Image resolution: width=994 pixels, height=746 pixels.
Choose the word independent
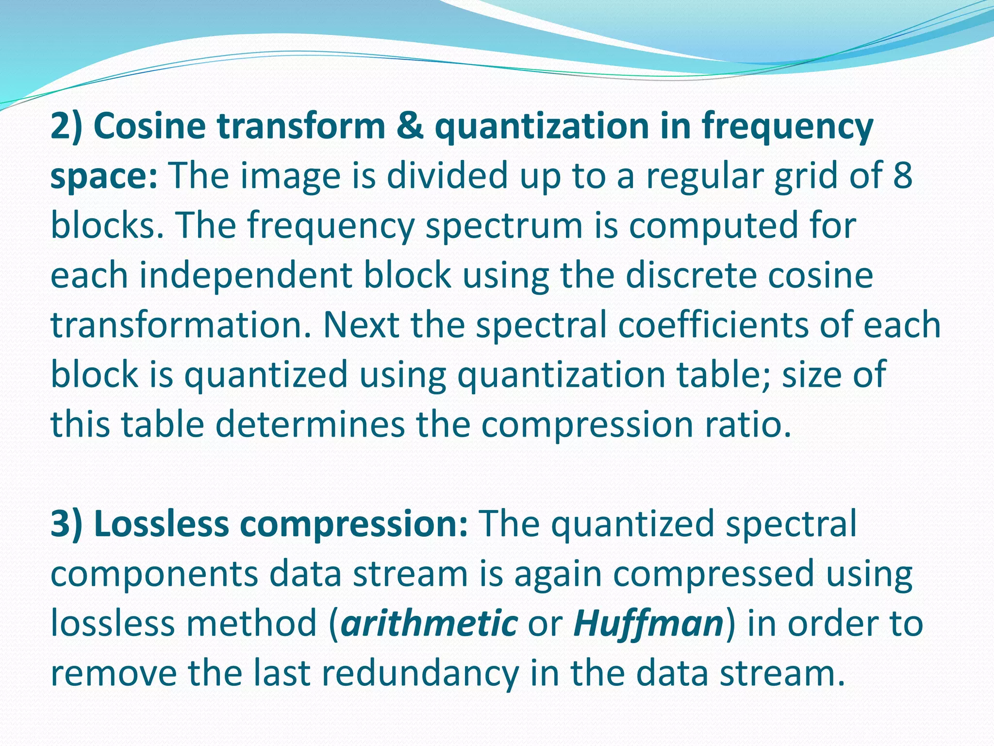(246, 276)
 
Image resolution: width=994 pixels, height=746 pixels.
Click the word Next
(362, 325)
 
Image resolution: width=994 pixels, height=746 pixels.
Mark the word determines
(310, 424)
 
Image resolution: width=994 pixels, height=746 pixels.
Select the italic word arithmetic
(429, 624)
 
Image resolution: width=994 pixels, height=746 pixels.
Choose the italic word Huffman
(648, 624)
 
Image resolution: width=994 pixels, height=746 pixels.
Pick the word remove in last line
(114, 674)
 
